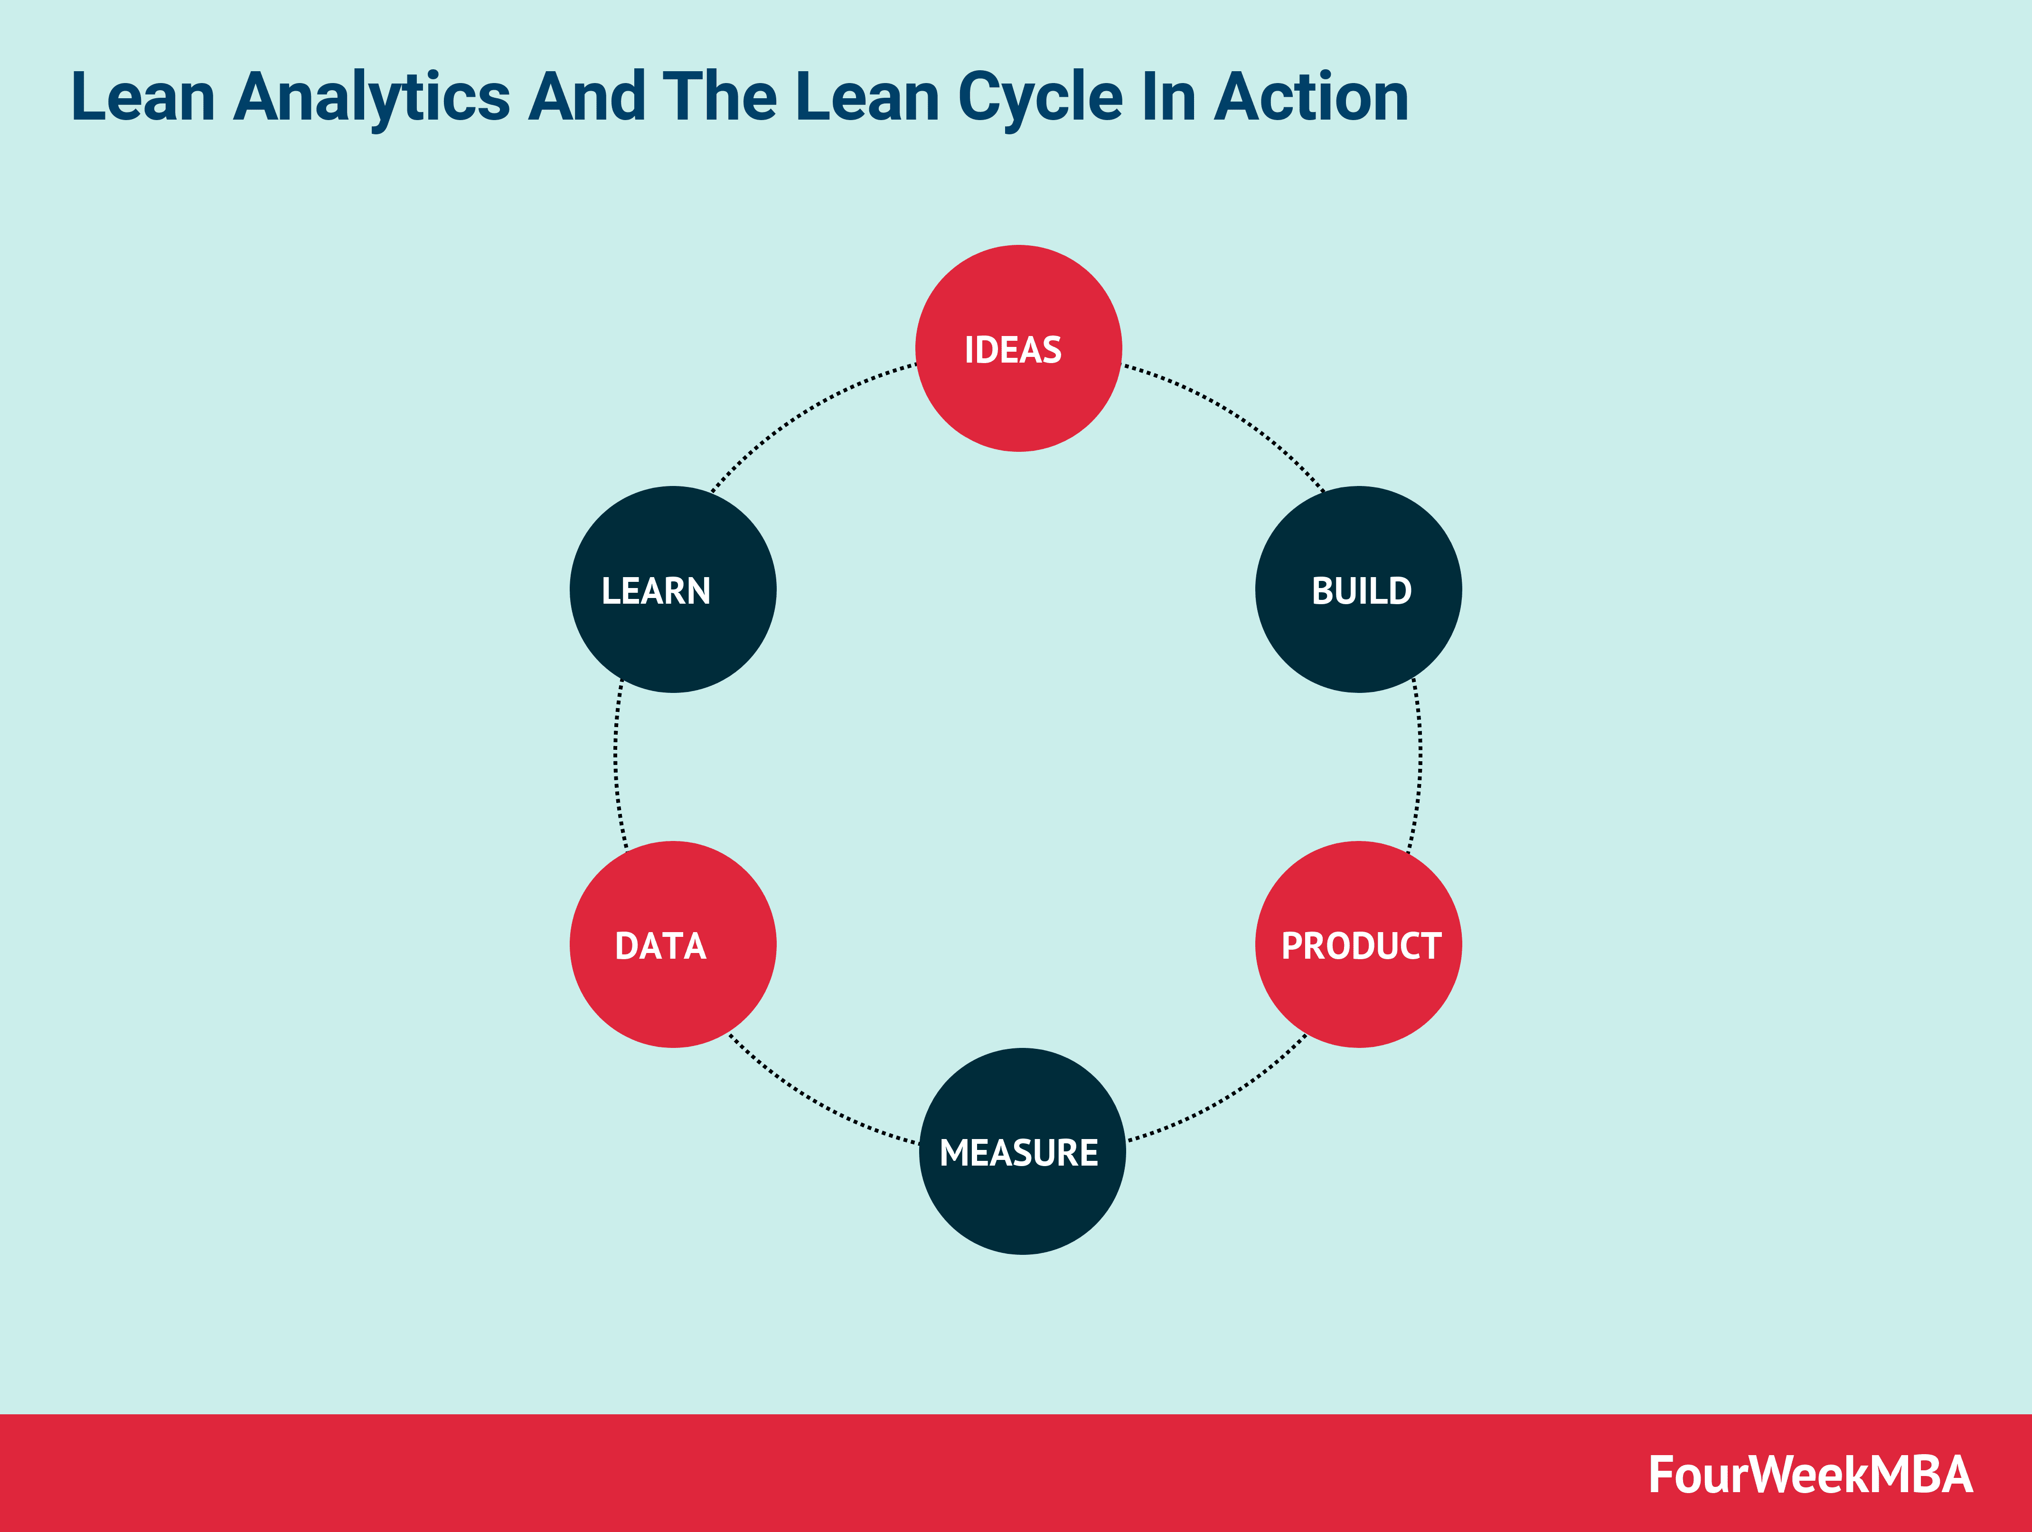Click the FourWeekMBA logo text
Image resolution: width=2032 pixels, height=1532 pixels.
pos(1810,1475)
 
